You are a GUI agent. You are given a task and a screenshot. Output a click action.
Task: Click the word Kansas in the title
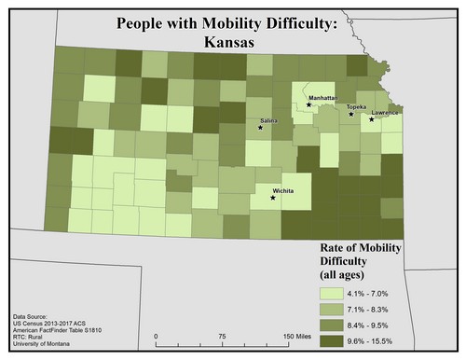232,42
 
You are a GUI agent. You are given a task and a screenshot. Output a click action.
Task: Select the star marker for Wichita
272,198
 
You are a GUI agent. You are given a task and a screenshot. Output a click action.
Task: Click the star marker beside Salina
260,128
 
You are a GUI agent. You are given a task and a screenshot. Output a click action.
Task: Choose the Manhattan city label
322,97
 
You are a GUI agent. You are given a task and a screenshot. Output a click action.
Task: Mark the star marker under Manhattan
308,104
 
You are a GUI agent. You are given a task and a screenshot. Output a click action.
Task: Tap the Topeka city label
356,107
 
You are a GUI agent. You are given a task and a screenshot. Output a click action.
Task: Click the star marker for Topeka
350,115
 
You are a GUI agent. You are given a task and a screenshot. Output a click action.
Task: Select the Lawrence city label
384,113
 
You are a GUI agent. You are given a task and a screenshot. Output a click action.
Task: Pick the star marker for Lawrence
371,119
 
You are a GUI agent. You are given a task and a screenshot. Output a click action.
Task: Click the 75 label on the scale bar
222,337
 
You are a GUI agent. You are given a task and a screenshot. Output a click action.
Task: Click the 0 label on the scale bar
157,337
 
